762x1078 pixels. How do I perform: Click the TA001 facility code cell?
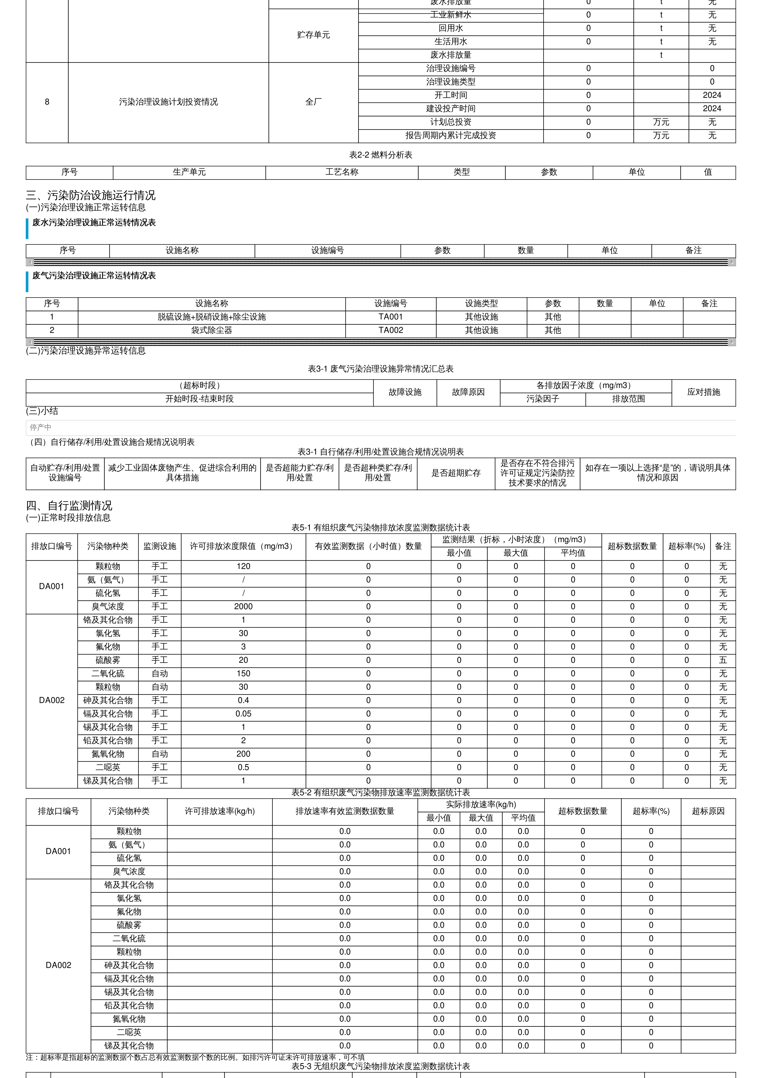tap(391, 317)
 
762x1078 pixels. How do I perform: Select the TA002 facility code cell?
tap(391, 330)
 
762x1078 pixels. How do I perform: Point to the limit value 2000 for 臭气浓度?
tap(243, 607)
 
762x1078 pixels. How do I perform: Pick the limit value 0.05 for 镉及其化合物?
tap(243, 714)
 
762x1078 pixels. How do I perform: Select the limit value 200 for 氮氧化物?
tap(243, 754)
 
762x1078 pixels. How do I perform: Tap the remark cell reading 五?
tap(722, 660)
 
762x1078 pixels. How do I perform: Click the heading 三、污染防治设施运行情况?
tap(91, 195)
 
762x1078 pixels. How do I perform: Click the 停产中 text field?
tap(380, 427)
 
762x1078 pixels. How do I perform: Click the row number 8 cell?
tap(47, 102)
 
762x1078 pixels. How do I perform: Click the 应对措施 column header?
tap(703, 392)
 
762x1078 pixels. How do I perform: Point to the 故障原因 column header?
tap(468, 392)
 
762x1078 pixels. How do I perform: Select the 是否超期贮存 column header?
tap(456, 473)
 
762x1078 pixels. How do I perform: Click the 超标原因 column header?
tap(708, 811)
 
